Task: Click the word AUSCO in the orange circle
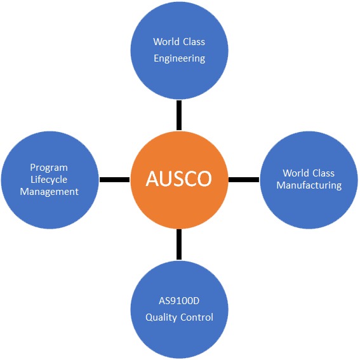(178, 178)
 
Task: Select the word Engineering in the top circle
(179, 58)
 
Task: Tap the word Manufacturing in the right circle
(309, 185)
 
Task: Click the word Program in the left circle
(49, 168)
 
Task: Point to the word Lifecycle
(49, 180)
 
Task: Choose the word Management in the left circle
(49, 192)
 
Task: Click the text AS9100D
(179, 301)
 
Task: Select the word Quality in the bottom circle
(161, 317)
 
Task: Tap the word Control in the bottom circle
(197, 317)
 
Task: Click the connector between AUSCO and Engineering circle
(179, 115)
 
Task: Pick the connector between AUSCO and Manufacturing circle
(244, 180)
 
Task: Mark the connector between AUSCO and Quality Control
(179, 244)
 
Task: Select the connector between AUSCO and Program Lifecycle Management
(114, 180)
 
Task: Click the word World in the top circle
(166, 42)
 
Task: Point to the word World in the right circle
(296, 173)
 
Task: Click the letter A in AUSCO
(152, 178)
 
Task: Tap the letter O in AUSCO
(204, 178)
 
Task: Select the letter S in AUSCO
(178, 178)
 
